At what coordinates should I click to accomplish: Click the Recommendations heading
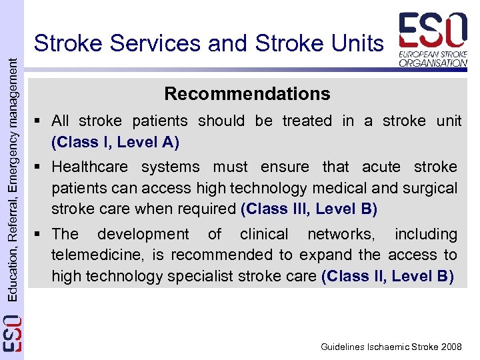[x=247, y=94]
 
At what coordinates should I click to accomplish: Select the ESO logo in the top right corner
[x=433, y=31]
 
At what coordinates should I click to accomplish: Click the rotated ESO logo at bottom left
[x=12, y=333]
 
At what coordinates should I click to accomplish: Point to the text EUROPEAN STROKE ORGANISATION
[x=433, y=57]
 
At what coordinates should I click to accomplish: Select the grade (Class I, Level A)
[x=115, y=142]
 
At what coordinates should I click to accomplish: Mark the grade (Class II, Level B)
[x=387, y=275]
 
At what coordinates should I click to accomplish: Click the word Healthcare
[x=89, y=167]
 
